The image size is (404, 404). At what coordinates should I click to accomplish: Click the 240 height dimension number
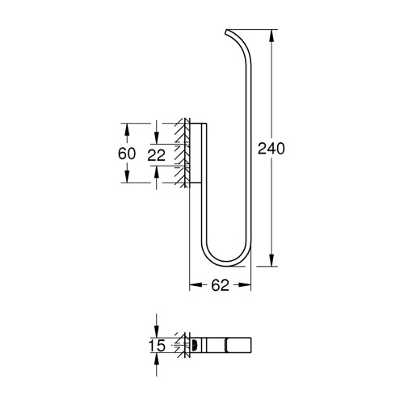point(272,148)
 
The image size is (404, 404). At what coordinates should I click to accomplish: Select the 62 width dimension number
point(221,284)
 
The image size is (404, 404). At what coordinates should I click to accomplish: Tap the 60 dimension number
point(126,153)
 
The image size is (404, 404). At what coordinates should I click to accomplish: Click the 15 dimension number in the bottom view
point(158,345)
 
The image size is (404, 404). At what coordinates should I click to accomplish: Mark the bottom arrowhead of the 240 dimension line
point(270,263)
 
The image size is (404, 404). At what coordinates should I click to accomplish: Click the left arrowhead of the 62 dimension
point(192,284)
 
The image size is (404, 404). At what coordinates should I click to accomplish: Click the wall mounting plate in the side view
point(190,153)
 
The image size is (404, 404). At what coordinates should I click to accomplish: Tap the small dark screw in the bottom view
point(193,345)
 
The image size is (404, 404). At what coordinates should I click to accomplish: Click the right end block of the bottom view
point(240,345)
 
